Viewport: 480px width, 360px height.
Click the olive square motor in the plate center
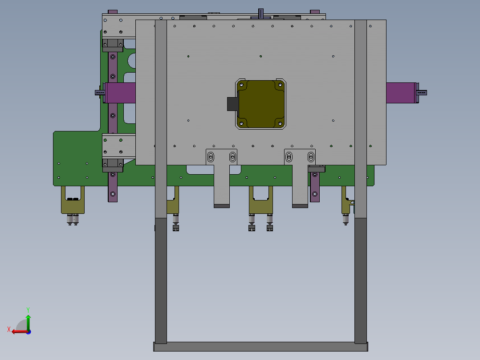click(x=260, y=104)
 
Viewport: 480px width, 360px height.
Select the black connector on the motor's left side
click(x=232, y=104)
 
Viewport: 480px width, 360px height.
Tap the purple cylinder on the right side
click(x=401, y=93)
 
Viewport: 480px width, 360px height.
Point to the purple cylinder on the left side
click(x=121, y=93)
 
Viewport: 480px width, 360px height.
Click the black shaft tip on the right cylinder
click(x=422, y=93)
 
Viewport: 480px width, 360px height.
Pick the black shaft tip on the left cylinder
click(x=99, y=93)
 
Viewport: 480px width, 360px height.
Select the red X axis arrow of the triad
click(x=18, y=331)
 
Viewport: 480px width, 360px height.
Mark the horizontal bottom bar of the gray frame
click(x=261, y=346)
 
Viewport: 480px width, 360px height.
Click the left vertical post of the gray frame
click(x=161, y=267)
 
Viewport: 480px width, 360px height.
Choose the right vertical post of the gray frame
click(x=360, y=267)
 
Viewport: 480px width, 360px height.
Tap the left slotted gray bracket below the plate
click(x=221, y=178)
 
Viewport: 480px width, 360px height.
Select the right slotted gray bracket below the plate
click(x=300, y=178)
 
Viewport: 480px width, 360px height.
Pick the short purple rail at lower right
click(x=315, y=187)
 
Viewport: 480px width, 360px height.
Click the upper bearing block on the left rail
click(x=113, y=45)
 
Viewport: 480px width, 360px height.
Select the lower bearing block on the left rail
click(x=113, y=165)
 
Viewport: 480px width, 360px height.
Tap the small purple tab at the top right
click(x=314, y=12)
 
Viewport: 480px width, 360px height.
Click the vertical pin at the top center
click(x=261, y=13)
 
